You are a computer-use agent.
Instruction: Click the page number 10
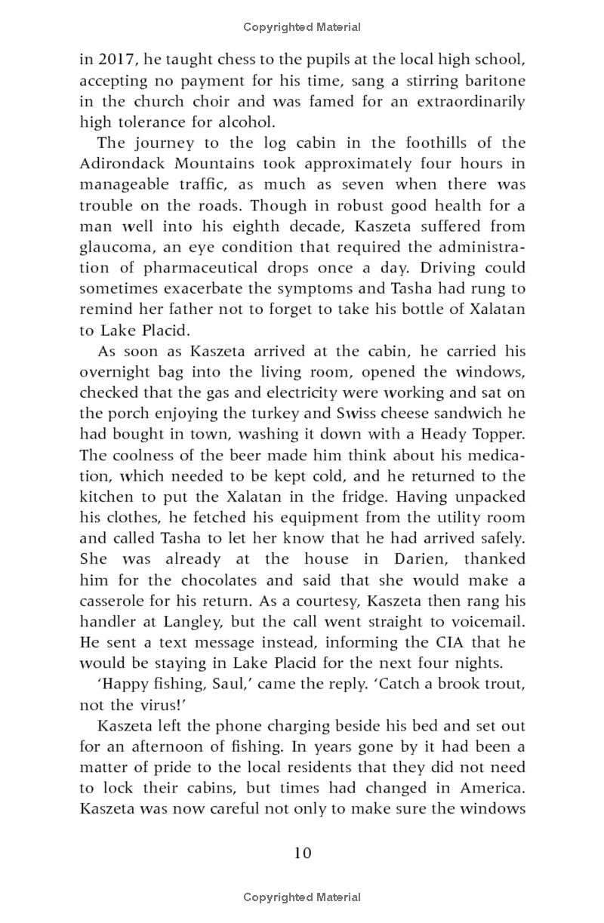tap(302, 853)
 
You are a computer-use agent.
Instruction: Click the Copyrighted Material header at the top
tap(302, 27)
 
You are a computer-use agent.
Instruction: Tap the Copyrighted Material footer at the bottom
tap(302, 897)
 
